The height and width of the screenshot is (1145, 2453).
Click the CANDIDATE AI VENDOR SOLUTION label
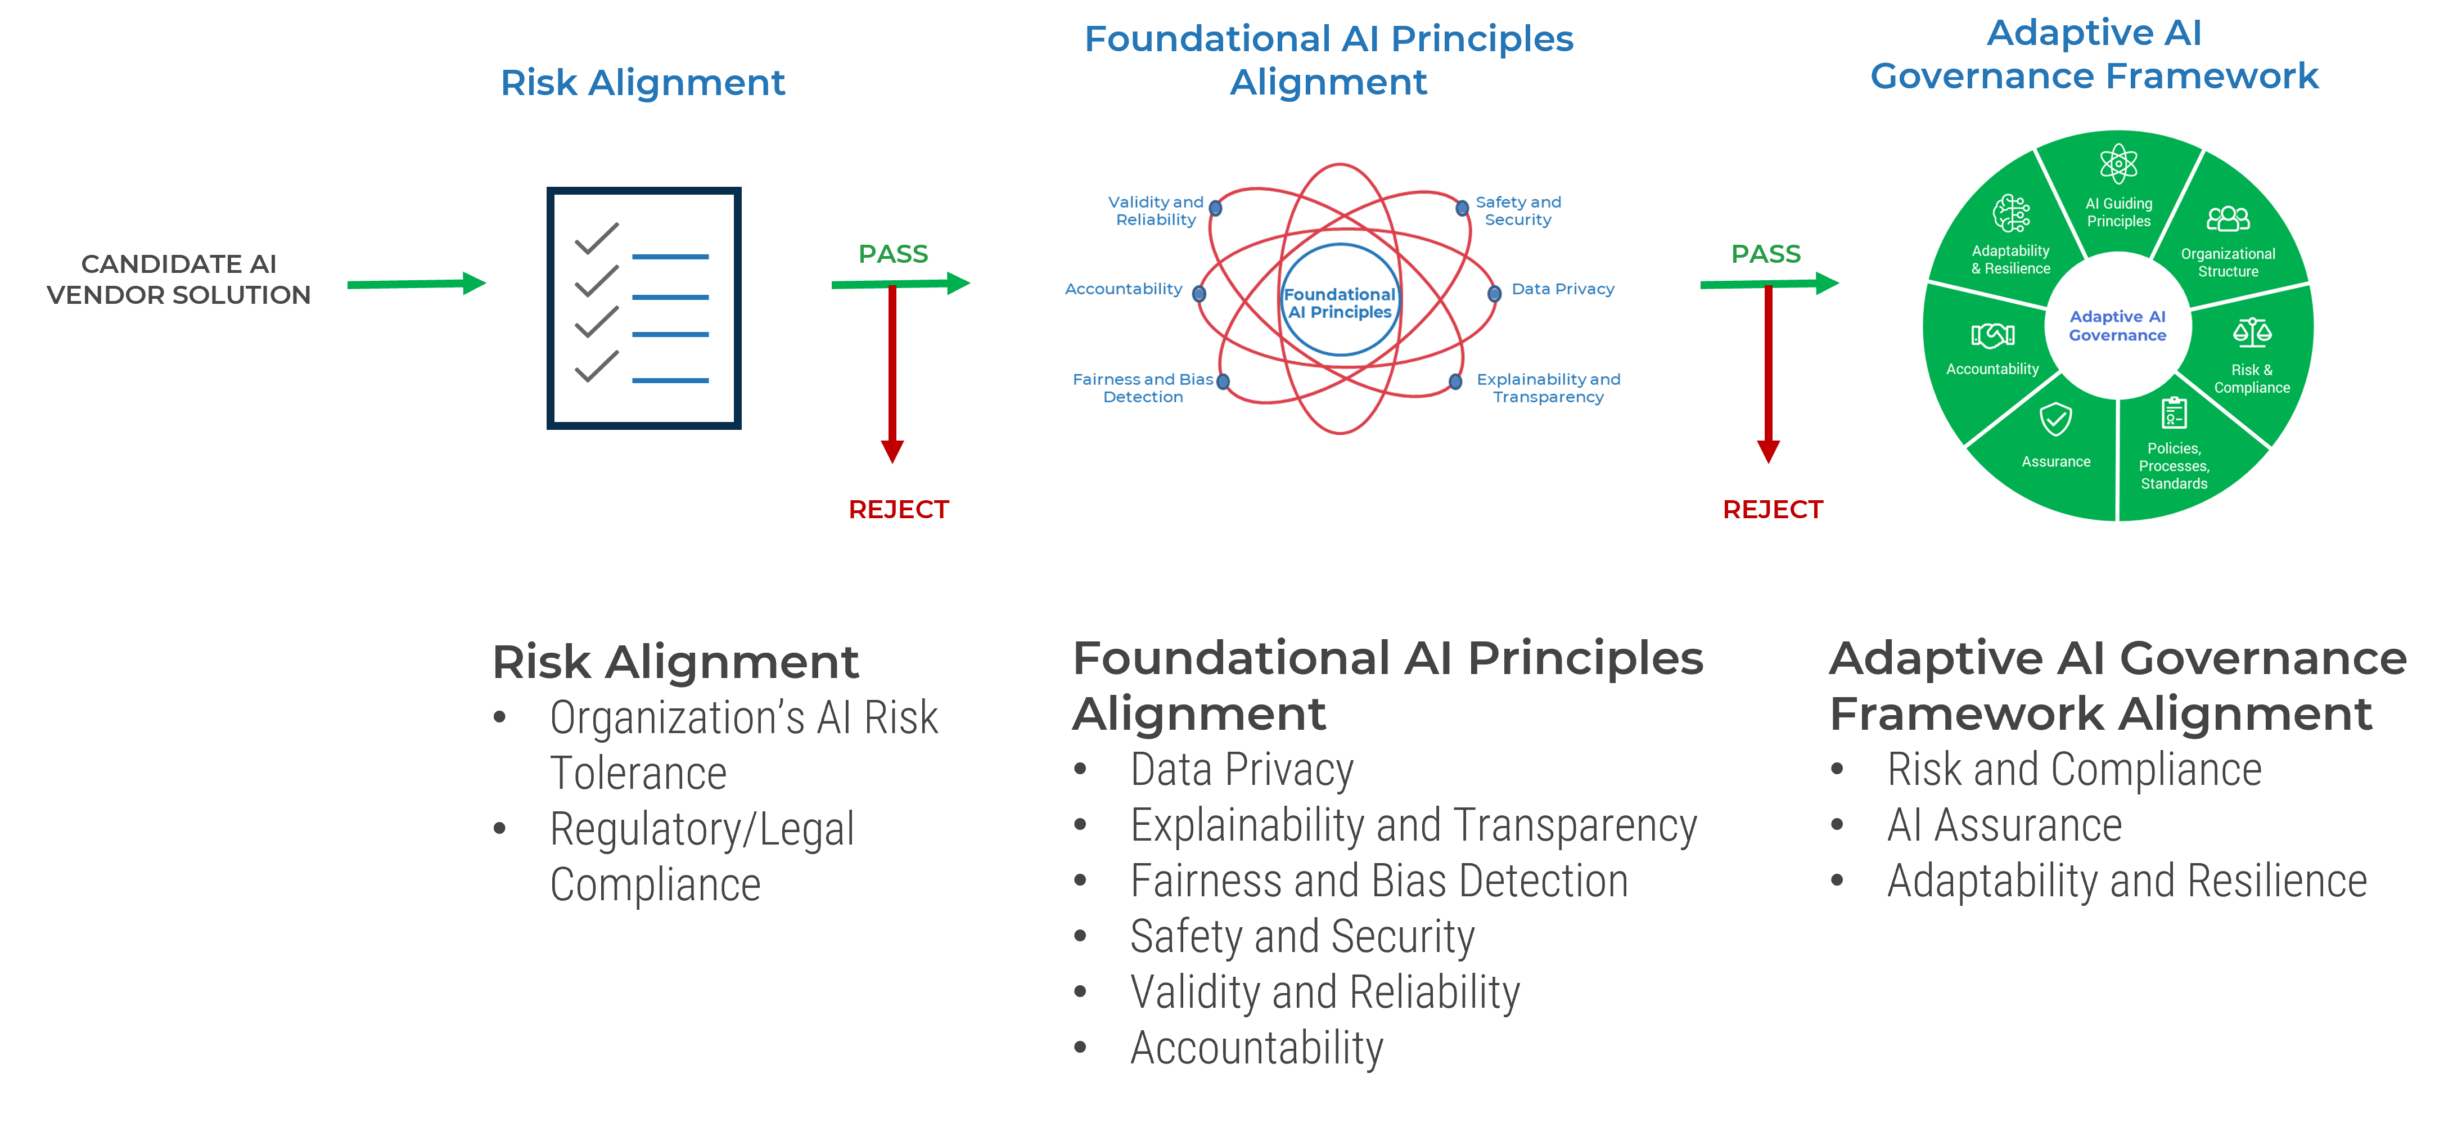(x=179, y=279)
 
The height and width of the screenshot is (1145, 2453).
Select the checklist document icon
(x=644, y=308)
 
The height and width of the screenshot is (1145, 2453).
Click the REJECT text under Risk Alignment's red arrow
(x=898, y=510)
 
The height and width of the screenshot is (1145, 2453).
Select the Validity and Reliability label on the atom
(x=1155, y=210)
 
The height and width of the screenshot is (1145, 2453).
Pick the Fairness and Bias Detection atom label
(x=1143, y=388)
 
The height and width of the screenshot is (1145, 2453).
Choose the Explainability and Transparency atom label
(x=1548, y=388)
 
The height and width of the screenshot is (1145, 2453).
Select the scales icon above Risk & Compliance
(x=2252, y=333)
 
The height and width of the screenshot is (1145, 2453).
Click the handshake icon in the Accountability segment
(x=1992, y=335)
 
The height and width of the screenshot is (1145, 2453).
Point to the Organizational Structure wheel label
(x=2227, y=262)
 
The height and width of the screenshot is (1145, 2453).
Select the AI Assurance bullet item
(x=2004, y=825)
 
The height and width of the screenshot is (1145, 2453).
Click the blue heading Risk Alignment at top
(x=643, y=83)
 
